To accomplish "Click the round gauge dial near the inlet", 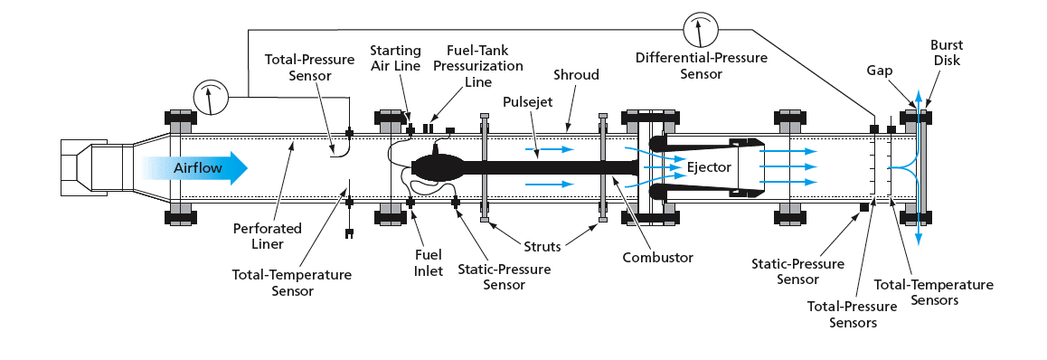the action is coord(211,98).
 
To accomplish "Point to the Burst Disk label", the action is coord(946,52).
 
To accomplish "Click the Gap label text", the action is coord(880,71).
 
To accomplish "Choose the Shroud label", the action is coord(576,75).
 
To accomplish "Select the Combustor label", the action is coord(657,257).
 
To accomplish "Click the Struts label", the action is coord(542,246).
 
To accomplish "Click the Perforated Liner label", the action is coord(267,236).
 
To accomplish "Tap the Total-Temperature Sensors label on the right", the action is coord(933,292).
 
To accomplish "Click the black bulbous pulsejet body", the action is coord(436,167).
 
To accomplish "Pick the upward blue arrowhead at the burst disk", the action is coord(919,95).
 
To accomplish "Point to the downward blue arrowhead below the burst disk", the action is coord(919,239).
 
